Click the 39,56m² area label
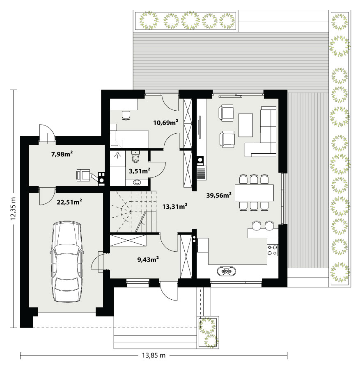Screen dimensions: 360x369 pos(219,195)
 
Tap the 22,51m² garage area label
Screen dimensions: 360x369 pos(69,202)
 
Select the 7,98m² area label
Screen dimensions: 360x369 pos(62,154)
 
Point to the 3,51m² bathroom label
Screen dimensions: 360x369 pos(140,171)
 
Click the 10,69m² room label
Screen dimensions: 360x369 pos(165,122)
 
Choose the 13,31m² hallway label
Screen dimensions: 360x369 pos(175,206)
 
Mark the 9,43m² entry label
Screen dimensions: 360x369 pos(148,260)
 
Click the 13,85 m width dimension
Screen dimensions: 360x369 pos(154,355)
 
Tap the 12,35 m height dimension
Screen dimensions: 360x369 pos(13,209)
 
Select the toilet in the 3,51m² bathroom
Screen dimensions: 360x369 pos(136,156)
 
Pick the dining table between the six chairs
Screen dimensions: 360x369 pos(254,193)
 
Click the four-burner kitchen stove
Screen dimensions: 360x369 pos(273,250)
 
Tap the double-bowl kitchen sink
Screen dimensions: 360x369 pos(226,271)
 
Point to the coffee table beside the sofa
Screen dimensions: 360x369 pos(245,125)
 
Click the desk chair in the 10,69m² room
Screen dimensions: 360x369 pos(126,115)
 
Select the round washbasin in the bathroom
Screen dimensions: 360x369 pos(137,182)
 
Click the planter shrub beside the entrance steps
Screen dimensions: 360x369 pos(208,332)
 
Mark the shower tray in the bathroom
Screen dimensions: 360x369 pos(117,159)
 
